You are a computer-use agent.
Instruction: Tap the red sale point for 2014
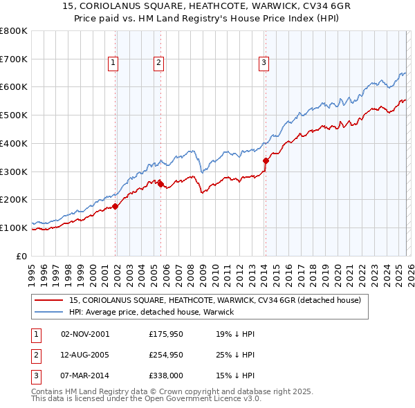[x=266, y=161]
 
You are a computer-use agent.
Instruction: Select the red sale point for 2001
[x=116, y=205]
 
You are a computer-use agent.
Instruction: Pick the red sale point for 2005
[x=161, y=184]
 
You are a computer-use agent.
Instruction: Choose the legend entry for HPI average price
[x=151, y=312]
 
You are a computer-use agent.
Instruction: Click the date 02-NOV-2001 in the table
[x=85, y=334]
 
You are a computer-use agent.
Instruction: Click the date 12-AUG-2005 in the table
[x=85, y=355]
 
